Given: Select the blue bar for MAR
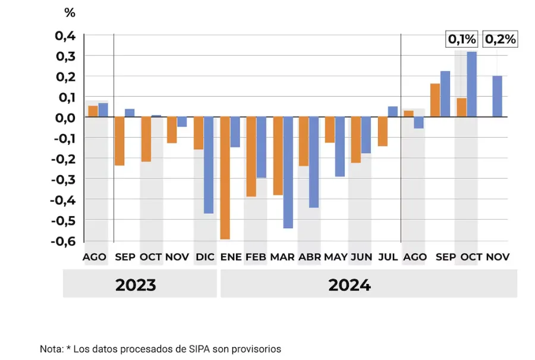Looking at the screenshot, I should (x=288, y=172).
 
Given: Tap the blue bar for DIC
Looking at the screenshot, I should (x=208, y=165).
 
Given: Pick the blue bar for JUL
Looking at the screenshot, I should (x=392, y=112).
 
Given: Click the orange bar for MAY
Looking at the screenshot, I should (x=329, y=130).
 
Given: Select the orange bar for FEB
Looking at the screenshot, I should (x=251, y=156).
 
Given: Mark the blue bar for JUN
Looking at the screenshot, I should (x=366, y=135).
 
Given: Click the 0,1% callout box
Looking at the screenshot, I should (x=462, y=40).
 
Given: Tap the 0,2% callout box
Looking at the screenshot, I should (x=501, y=40).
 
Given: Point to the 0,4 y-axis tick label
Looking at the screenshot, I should (x=65, y=36).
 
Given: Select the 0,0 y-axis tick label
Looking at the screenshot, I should (x=65, y=118).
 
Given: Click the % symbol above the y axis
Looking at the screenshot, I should (x=70, y=12).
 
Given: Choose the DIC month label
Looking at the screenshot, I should (x=205, y=257).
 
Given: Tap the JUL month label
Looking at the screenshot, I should (x=388, y=257).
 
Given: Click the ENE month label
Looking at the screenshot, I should (x=231, y=257).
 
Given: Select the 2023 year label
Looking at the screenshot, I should (x=136, y=285).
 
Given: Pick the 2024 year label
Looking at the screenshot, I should (x=350, y=285).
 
